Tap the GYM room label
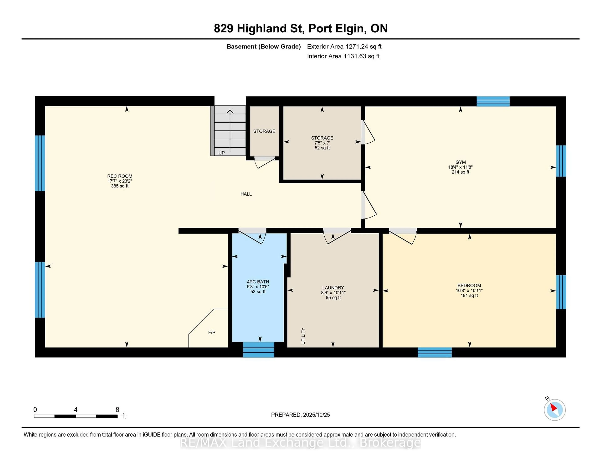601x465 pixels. (x=460, y=162)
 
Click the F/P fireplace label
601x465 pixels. (x=212, y=332)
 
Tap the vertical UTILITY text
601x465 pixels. (x=303, y=336)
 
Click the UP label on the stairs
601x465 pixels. (x=221, y=153)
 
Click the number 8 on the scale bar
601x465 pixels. (x=117, y=410)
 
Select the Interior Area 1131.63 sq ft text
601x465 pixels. (x=343, y=56)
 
